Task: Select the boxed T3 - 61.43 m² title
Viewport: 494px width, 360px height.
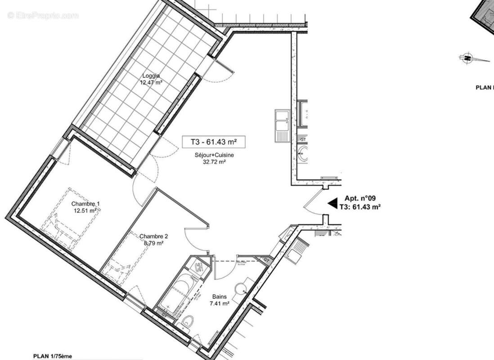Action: [x=214, y=142]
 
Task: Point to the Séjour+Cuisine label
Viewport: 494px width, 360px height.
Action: [x=214, y=155]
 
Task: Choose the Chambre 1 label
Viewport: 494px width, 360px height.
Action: [x=85, y=204]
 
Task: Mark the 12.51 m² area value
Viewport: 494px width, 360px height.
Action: [x=85, y=210]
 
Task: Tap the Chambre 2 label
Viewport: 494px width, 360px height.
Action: [x=153, y=236]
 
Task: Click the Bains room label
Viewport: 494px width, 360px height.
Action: [x=219, y=297]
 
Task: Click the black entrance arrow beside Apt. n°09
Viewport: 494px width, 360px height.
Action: [x=332, y=203]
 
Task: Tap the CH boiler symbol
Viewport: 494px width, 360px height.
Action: [x=198, y=267]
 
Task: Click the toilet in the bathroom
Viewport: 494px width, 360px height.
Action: [x=188, y=322]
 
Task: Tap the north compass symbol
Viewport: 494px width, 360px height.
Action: [x=468, y=58]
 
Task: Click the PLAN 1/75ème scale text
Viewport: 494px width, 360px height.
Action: [x=53, y=356]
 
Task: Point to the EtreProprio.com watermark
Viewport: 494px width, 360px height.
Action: [x=43, y=16]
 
